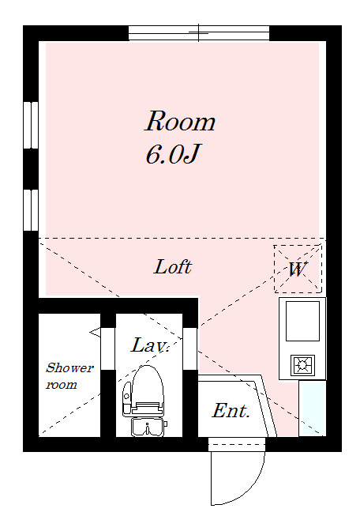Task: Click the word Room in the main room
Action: pos(180,122)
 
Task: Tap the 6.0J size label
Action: pos(173,154)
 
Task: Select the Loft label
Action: pos(173,267)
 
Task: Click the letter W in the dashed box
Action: pos(297,269)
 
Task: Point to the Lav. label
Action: pos(150,345)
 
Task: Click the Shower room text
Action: pos(69,376)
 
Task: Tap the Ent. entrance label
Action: pos(231,411)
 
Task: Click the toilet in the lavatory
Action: pos(144,391)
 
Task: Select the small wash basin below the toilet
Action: pos(148,427)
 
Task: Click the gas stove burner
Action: pos(302,365)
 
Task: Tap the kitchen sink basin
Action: pos(302,321)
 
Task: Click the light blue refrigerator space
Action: pos(313,409)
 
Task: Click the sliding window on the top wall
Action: pos(199,33)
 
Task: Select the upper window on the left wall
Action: pos(31,125)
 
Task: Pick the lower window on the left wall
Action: pos(31,210)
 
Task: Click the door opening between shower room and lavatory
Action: pos(108,348)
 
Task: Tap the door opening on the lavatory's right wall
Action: pos(190,348)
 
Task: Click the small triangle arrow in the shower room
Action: pos(96,333)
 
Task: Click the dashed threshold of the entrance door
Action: pos(237,444)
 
